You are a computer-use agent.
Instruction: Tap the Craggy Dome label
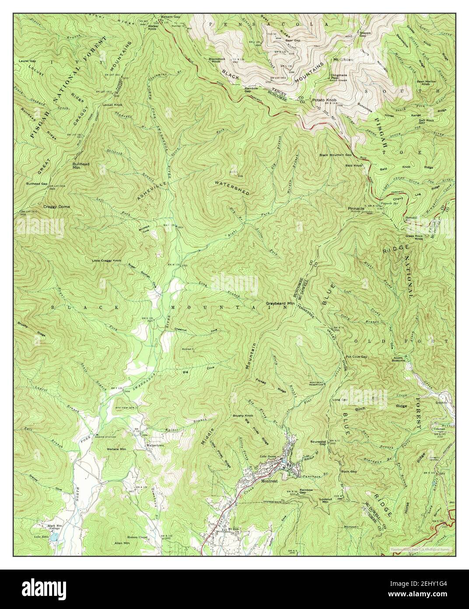pos(56,206)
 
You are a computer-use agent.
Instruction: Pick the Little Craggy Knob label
pos(106,261)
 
